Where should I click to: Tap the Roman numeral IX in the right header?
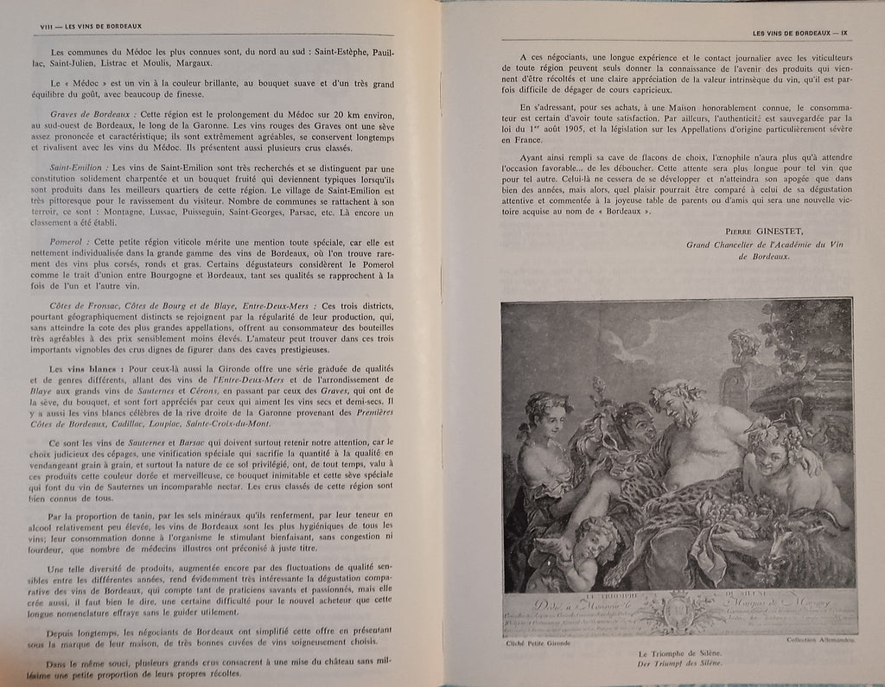pyautogui.click(x=846, y=34)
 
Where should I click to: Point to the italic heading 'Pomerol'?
pyautogui.click(x=67, y=241)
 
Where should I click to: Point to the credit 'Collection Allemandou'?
pyautogui.click(x=821, y=640)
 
